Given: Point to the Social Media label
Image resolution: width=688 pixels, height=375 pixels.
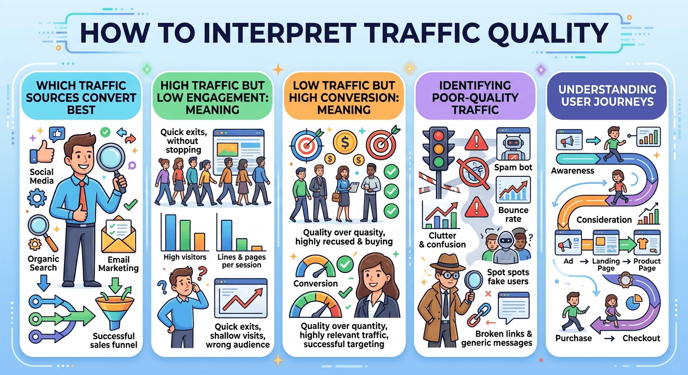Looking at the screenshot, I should (42, 177).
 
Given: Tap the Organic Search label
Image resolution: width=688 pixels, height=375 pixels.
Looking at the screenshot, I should (43, 263).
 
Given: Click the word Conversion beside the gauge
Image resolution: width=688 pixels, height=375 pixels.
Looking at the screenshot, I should (315, 283).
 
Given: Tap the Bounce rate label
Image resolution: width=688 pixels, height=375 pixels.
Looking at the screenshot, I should (513, 215).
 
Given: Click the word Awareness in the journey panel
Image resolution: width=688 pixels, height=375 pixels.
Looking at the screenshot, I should (572, 171).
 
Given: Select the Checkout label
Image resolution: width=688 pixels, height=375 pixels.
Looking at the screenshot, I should (641, 338).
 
